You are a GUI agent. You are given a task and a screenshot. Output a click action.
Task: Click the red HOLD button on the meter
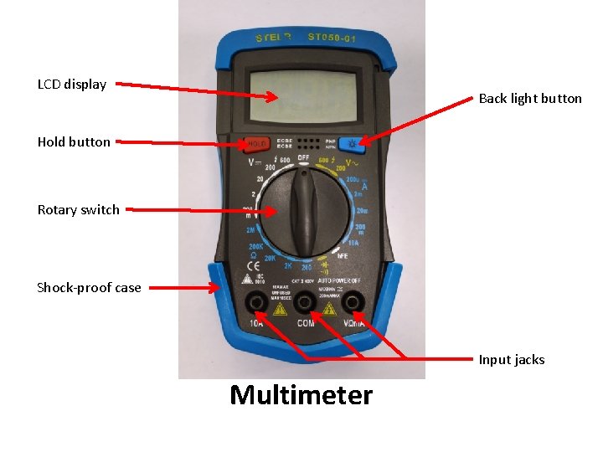255,143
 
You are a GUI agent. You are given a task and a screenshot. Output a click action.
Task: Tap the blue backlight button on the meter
353,143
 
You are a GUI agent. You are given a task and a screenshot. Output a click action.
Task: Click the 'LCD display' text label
72,84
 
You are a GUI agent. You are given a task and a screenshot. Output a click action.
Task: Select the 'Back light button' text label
530,98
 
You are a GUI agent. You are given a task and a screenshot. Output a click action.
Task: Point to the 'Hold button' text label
74,141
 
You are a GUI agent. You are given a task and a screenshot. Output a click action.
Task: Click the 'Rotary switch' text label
79,209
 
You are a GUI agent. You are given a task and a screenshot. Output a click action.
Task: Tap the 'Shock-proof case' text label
89,287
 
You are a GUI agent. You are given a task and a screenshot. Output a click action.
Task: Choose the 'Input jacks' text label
512,359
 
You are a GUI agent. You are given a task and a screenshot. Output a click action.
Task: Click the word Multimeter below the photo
301,394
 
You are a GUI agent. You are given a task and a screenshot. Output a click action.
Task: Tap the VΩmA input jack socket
353,302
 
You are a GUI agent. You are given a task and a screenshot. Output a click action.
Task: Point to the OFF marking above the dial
303,158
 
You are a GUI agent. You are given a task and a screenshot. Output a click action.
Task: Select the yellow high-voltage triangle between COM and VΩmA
327,309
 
